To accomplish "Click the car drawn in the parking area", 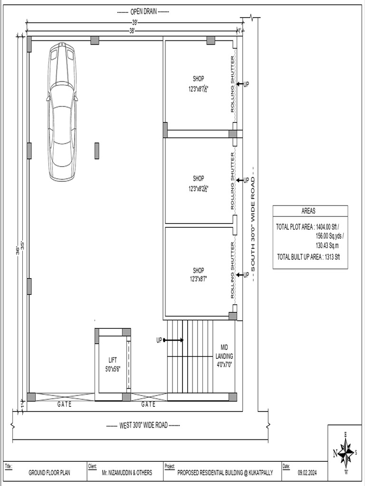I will (62, 112).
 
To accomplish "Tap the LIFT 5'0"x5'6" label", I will (113, 364).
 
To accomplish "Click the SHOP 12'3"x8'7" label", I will (198, 275).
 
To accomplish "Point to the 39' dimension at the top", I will (134, 22).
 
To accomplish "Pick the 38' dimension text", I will (132, 30).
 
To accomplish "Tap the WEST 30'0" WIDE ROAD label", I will (143, 425).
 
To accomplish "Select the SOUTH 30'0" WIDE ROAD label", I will (253, 224).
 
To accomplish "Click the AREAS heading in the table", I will (308, 211).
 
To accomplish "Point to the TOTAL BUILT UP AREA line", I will (308, 257).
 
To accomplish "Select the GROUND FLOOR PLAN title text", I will (49, 473).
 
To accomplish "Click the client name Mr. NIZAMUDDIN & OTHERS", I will (127, 473).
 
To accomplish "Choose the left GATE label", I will (65, 404).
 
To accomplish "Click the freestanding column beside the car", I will (97, 150).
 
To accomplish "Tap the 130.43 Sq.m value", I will (327, 245).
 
